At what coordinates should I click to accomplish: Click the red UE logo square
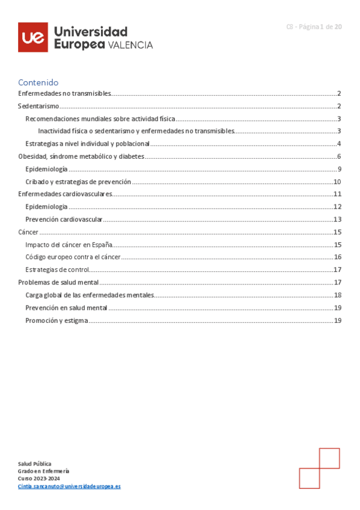(32, 37)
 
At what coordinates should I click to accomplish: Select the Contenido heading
(38, 82)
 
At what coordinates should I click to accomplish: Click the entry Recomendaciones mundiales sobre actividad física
(100, 118)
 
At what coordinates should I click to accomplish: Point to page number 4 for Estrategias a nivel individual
(339, 143)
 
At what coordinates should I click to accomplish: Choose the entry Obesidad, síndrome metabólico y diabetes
(81, 156)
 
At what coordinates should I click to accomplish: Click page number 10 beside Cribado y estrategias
(338, 182)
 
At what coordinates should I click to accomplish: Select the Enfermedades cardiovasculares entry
(66, 194)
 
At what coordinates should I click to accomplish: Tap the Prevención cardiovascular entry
(64, 220)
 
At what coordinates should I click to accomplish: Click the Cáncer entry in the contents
(28, 232)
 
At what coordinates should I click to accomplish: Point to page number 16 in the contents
(338, 257)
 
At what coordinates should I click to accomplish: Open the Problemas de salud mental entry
(58, 282)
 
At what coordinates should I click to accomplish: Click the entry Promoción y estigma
(56, 321)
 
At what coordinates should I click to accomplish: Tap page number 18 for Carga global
(338, 295)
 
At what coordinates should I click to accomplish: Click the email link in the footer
(69, 486)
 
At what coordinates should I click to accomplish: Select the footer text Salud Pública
(34, 464)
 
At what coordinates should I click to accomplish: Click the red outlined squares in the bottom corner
(319, 468)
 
